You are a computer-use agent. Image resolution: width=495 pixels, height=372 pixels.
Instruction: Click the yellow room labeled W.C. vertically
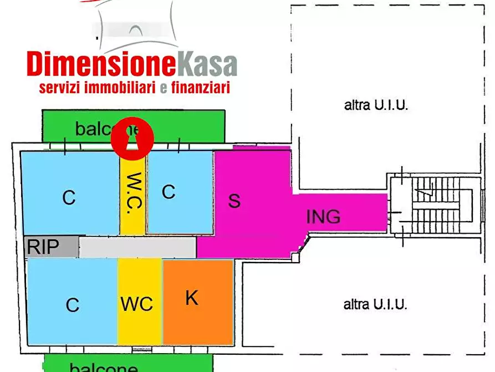(133, 194)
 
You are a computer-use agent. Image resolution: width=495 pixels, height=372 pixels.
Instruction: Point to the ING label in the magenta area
(323, 216)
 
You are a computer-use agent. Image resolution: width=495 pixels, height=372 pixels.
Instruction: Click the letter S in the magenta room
(234, 200)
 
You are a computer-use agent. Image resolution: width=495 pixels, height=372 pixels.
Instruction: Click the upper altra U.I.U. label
(376, 105)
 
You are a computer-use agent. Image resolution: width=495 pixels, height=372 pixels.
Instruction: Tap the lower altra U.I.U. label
(375, 304)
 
